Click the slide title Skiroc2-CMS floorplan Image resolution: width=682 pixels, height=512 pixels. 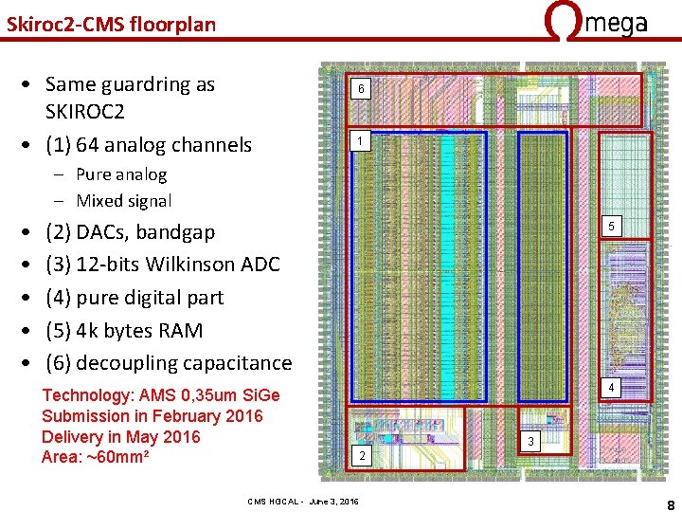111,24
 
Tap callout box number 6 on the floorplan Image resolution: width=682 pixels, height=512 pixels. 360,90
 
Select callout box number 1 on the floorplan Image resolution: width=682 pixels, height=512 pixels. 360,142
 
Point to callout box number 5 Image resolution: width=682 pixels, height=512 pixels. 611,226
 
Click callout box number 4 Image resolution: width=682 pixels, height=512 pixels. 611,388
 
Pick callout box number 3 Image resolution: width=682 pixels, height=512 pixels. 530,442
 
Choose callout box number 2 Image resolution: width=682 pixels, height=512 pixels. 360,456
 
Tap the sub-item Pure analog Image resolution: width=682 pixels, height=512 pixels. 121,174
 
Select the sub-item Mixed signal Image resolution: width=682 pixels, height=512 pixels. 123,201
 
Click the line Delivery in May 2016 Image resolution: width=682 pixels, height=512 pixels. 121,437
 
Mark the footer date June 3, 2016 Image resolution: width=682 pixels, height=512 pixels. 334,501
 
